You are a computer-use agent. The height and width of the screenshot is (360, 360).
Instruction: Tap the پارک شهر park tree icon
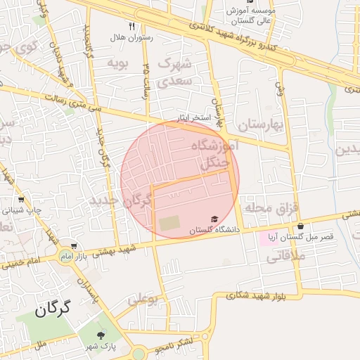pos(103,335)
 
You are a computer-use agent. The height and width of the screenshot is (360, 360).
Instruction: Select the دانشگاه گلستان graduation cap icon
pos(214,219)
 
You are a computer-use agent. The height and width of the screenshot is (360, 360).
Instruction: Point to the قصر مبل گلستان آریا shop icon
pos(301,226)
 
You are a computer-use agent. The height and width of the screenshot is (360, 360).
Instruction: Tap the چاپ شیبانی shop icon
pos(20,200)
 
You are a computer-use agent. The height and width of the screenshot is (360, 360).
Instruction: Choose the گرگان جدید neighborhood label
pos(120,201)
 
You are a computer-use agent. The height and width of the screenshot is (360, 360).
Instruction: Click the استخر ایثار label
pos(193,117)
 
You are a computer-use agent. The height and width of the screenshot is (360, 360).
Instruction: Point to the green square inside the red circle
pos(169,223)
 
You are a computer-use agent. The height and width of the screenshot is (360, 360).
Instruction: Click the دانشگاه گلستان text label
pos(215,230)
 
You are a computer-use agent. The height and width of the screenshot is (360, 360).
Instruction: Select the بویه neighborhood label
pos(116,63)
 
